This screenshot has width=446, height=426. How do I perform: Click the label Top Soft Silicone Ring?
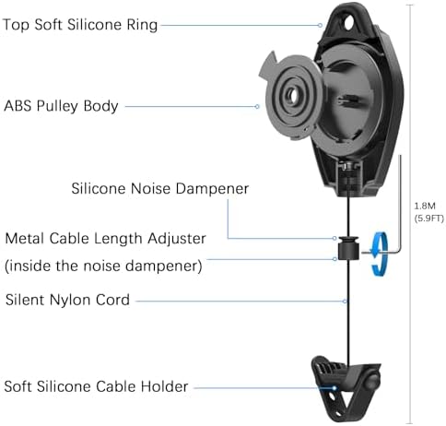pos(80,25)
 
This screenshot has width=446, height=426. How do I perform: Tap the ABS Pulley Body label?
pos(62,106)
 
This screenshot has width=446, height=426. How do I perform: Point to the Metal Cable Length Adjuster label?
pos(105,238)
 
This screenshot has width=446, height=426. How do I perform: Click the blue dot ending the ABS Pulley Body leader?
pos(257,107)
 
